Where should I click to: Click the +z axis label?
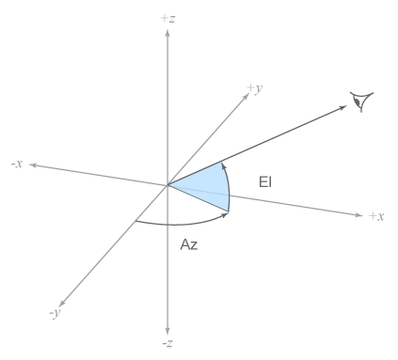[167, 17]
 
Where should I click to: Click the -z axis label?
[167, 344]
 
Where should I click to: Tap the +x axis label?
[376, 216]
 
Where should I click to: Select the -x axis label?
[17, 164]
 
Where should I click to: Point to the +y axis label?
[254, 87]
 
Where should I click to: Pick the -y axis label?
[55, 313]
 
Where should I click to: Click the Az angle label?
[188, 244]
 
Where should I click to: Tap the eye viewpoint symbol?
[360, 99]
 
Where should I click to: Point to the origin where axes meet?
[167, 184]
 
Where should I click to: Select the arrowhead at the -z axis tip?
[167, 330]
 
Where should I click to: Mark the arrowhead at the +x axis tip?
[358, 216]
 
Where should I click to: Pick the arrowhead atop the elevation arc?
[224, 163]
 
